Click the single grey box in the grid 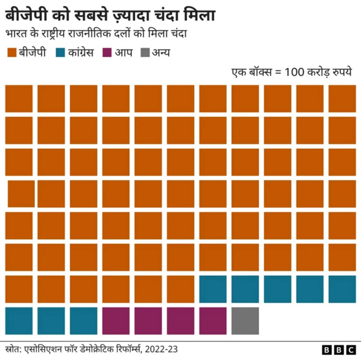(245, 321)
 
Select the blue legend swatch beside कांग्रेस (61, 54)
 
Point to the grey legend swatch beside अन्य (146, 54)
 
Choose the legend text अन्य (161, 54)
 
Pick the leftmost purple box (116, 321)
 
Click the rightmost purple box (213, 321)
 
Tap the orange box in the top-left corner (19, 99)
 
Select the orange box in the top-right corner (342, 99)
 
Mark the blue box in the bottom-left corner (19, 321)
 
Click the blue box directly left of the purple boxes (83, 321)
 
